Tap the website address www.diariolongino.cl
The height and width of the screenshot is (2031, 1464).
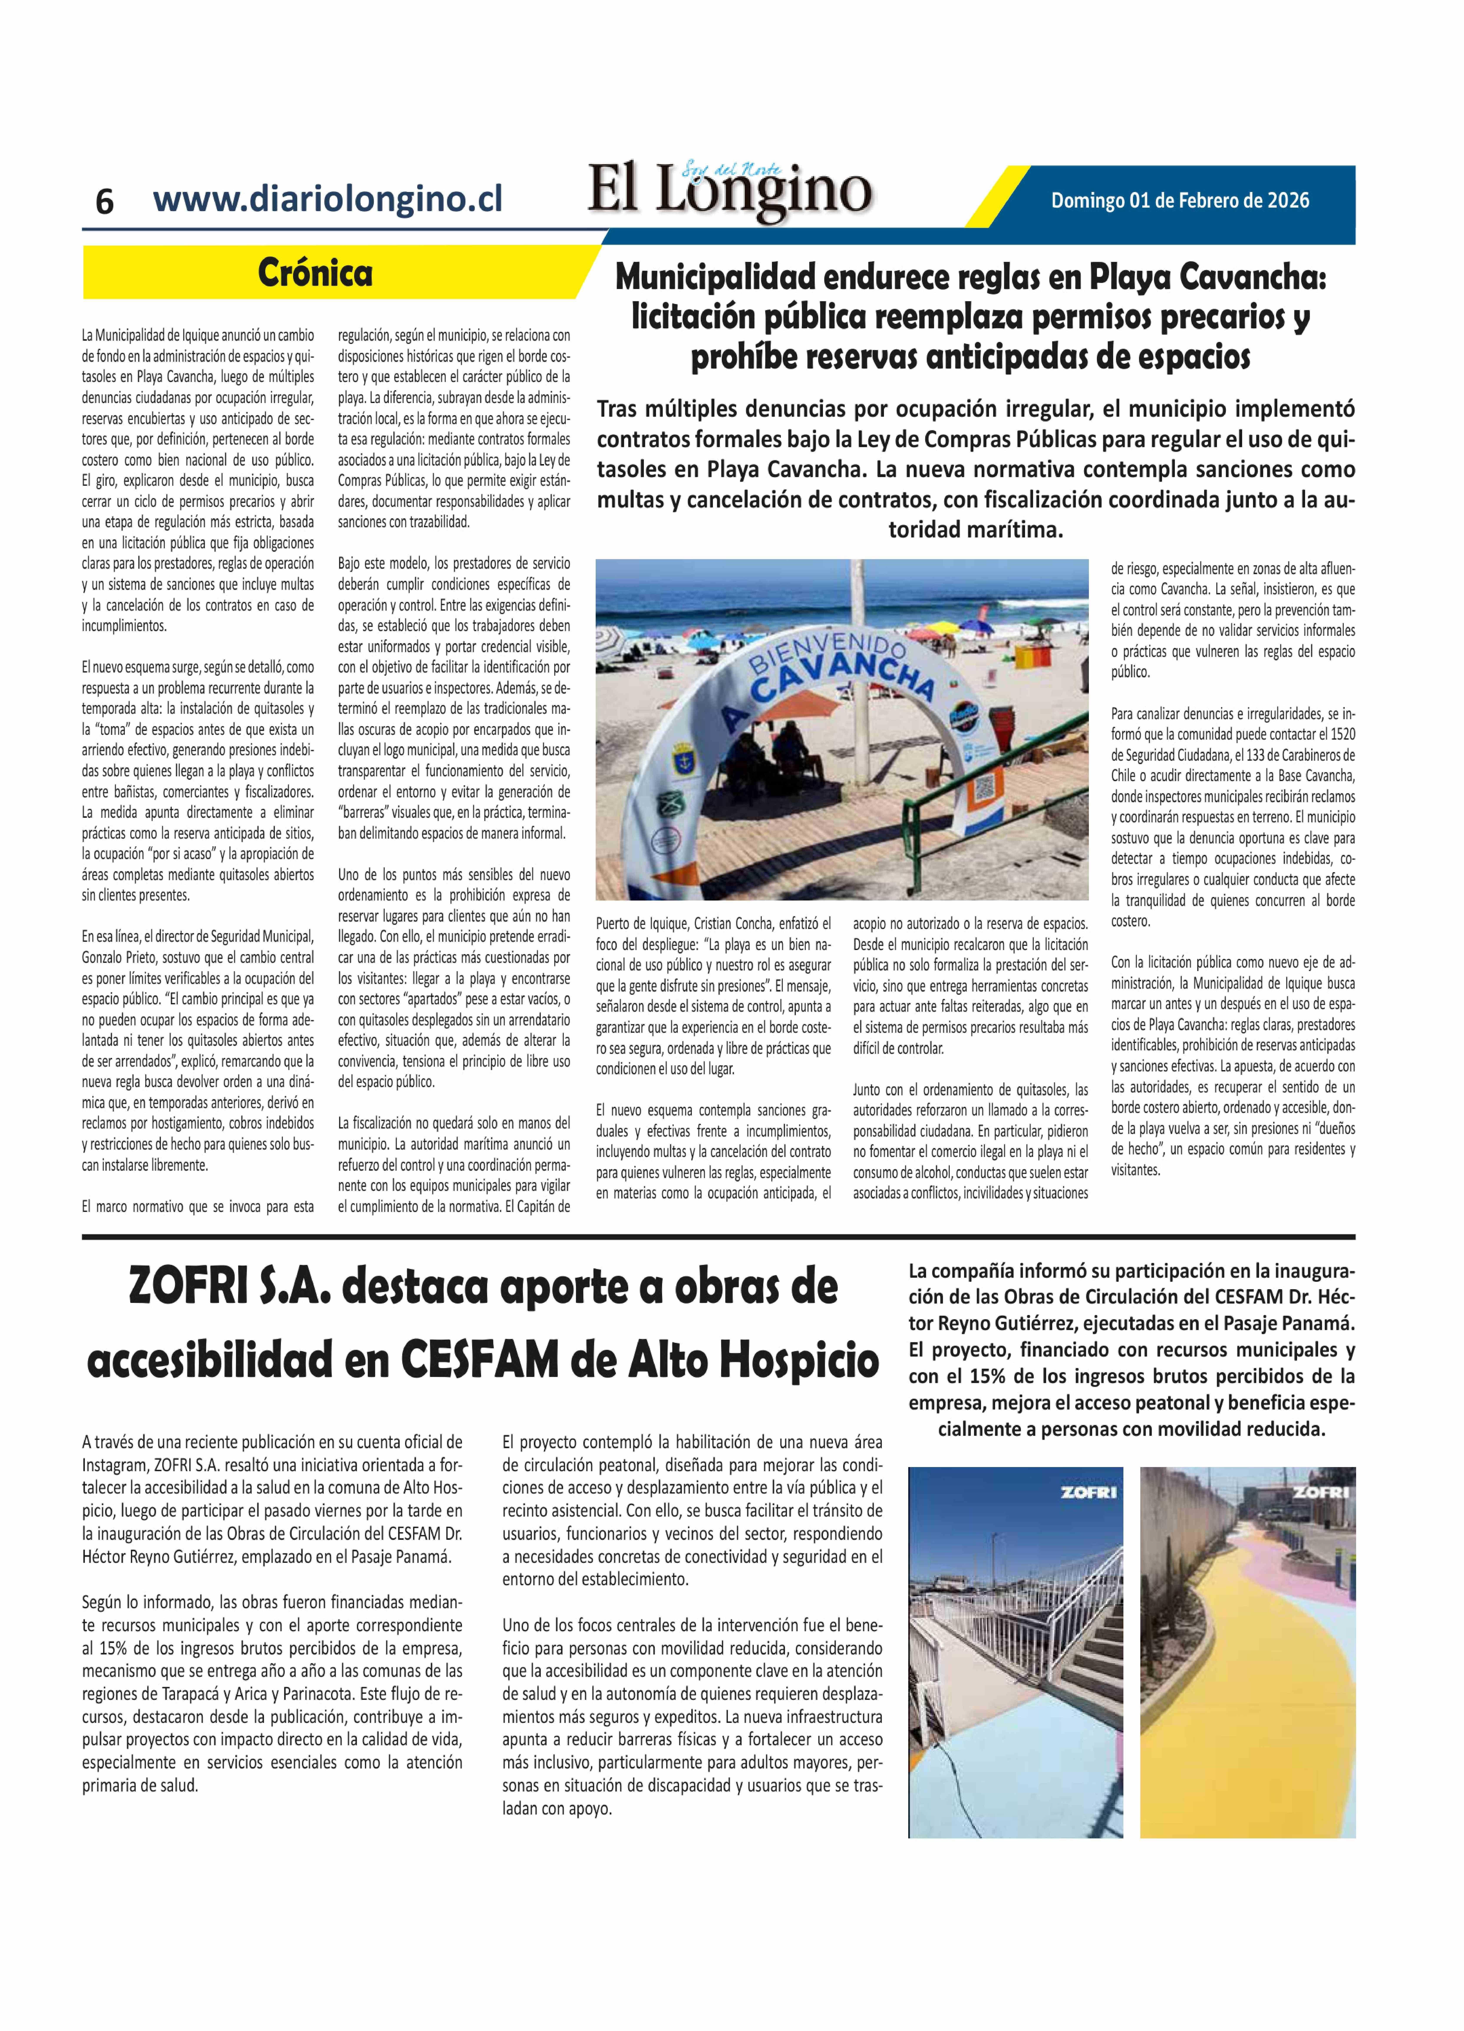pos(328,198)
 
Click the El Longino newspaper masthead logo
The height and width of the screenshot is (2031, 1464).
pos(730,190)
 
